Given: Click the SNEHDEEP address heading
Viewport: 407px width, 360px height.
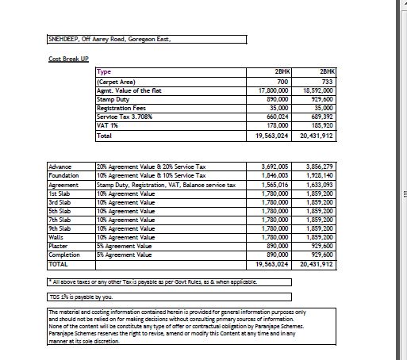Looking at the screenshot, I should [x=109, y=38].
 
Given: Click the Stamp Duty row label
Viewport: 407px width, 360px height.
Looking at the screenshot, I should [x=112, y=99].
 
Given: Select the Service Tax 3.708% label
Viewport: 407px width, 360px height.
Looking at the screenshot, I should [x=124, y=117].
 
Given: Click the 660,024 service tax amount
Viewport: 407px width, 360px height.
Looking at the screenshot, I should [x=277, y=117].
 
